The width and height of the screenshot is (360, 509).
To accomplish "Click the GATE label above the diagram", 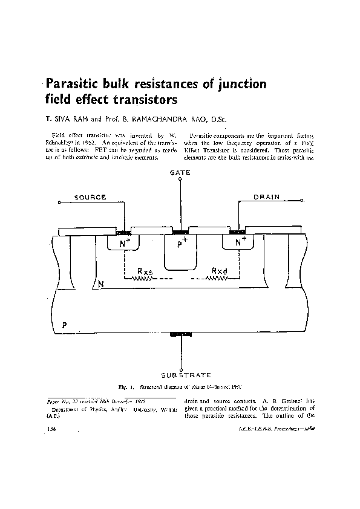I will click(180, 172).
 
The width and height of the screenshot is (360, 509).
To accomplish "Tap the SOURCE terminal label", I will click(91, 197).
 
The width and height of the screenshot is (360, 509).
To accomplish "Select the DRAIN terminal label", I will click(266, 197).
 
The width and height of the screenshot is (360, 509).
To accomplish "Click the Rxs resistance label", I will click(145, 270).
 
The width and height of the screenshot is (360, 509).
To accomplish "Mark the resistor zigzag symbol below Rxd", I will click(217, 279).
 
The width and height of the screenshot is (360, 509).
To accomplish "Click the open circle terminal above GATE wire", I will click(180, 180).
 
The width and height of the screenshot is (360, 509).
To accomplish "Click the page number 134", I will click(52, 428).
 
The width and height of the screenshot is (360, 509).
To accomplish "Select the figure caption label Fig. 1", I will click(125, 386).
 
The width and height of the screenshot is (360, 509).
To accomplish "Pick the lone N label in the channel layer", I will click(101, 284).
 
